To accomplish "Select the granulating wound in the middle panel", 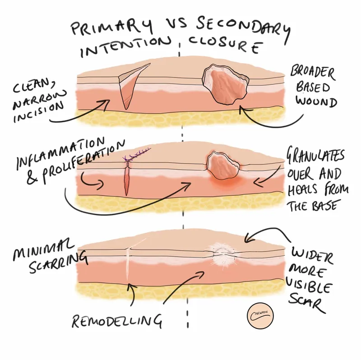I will tap(223, 164).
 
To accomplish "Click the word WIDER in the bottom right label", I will tap(311, 255).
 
